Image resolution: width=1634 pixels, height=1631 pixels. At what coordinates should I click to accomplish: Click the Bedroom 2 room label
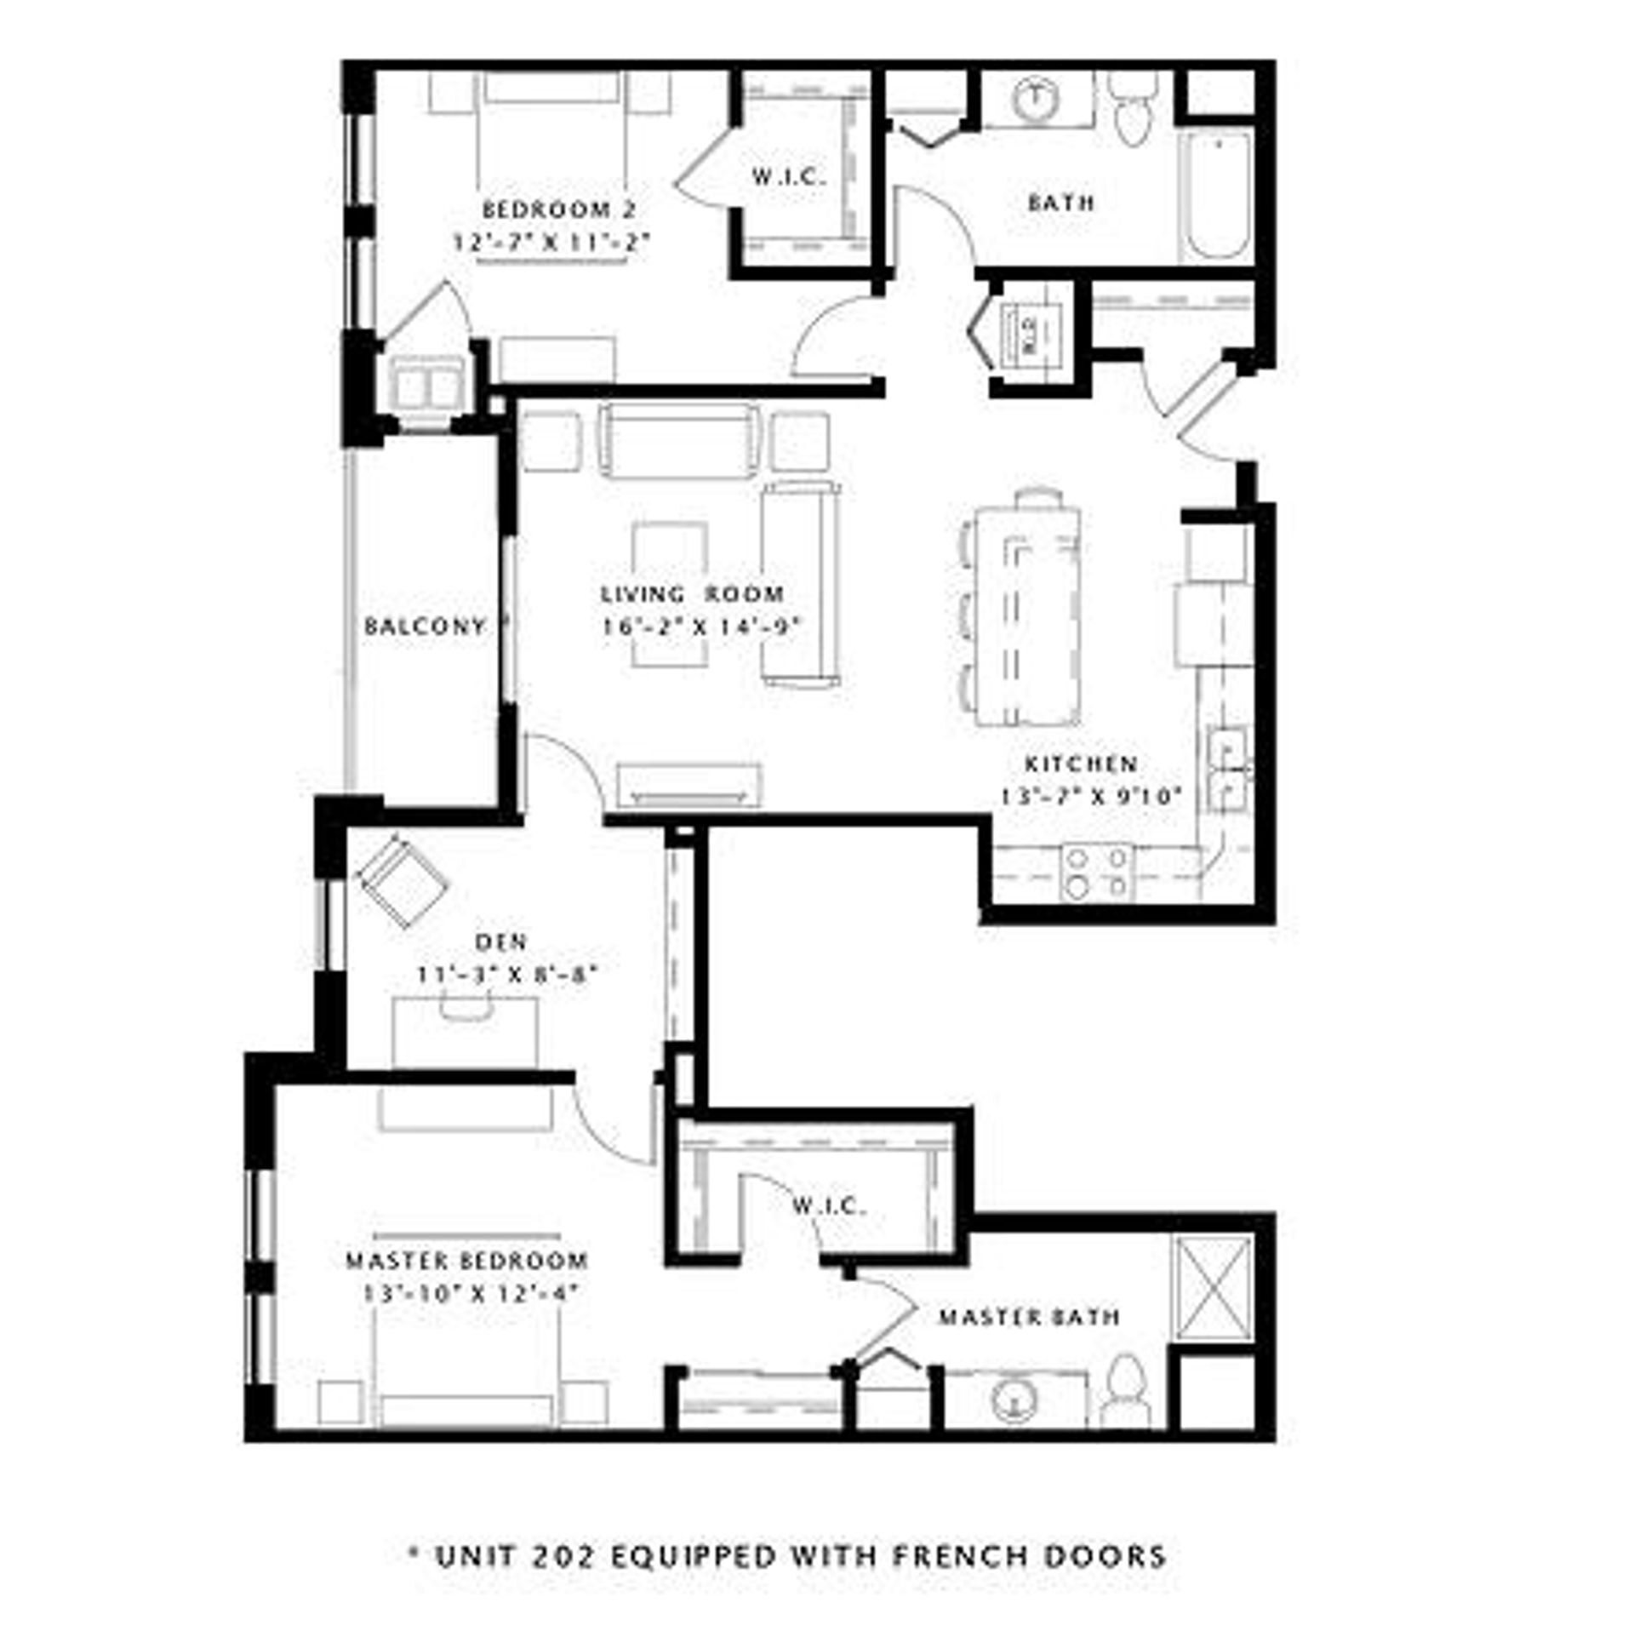558,209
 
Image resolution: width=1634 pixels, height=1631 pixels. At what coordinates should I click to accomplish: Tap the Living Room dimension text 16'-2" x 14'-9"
703,627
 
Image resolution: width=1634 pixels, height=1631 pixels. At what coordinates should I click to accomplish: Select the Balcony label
425,627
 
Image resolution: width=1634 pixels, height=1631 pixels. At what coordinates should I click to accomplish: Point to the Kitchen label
1081,764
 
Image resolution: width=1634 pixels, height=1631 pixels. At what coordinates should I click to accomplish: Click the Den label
501,941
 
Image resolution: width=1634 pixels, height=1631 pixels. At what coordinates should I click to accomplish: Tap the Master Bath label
1028,1317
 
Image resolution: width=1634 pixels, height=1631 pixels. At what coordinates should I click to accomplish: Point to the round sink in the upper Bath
1037,98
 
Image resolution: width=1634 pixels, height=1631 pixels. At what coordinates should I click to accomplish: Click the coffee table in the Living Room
671,593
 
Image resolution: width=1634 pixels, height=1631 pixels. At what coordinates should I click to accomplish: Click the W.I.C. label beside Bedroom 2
789,177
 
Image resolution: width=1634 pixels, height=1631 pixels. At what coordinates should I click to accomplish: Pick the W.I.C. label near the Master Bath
828,1205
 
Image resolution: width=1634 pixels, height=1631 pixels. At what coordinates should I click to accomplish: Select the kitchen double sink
1226,769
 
